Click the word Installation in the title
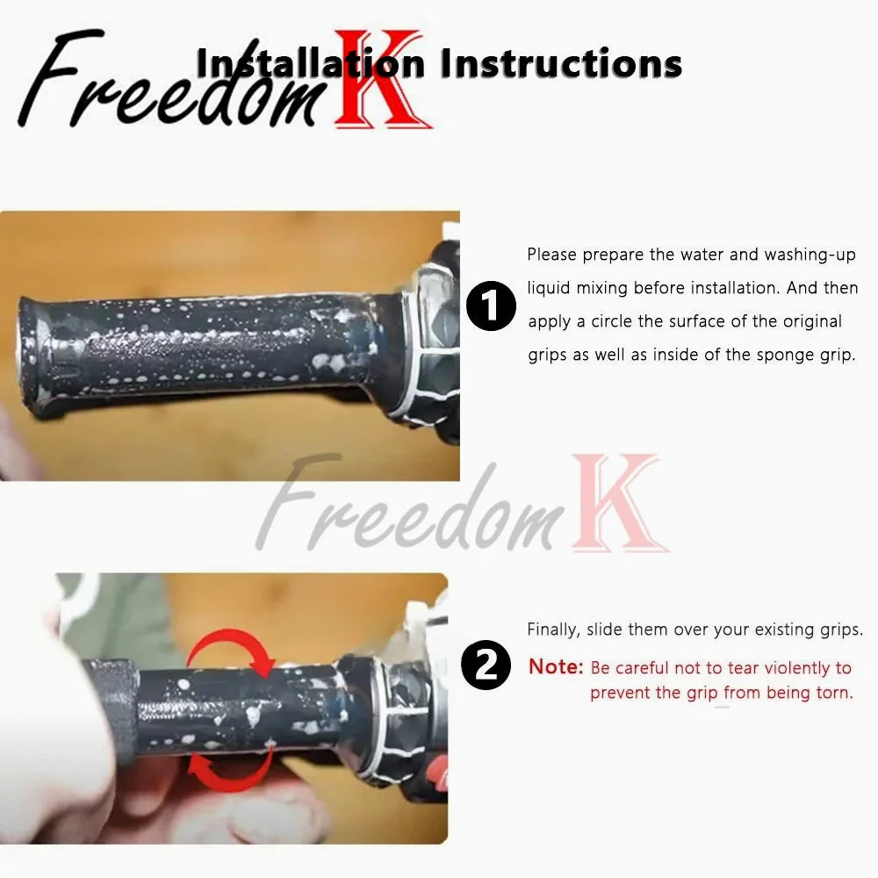pos(311,62)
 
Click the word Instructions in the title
pos(561,62)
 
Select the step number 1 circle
pos(491,306)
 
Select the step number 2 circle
pos(486,665)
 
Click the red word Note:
pos(556,667)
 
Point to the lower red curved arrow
pos(231,768)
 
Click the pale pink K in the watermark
pos(620,503)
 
